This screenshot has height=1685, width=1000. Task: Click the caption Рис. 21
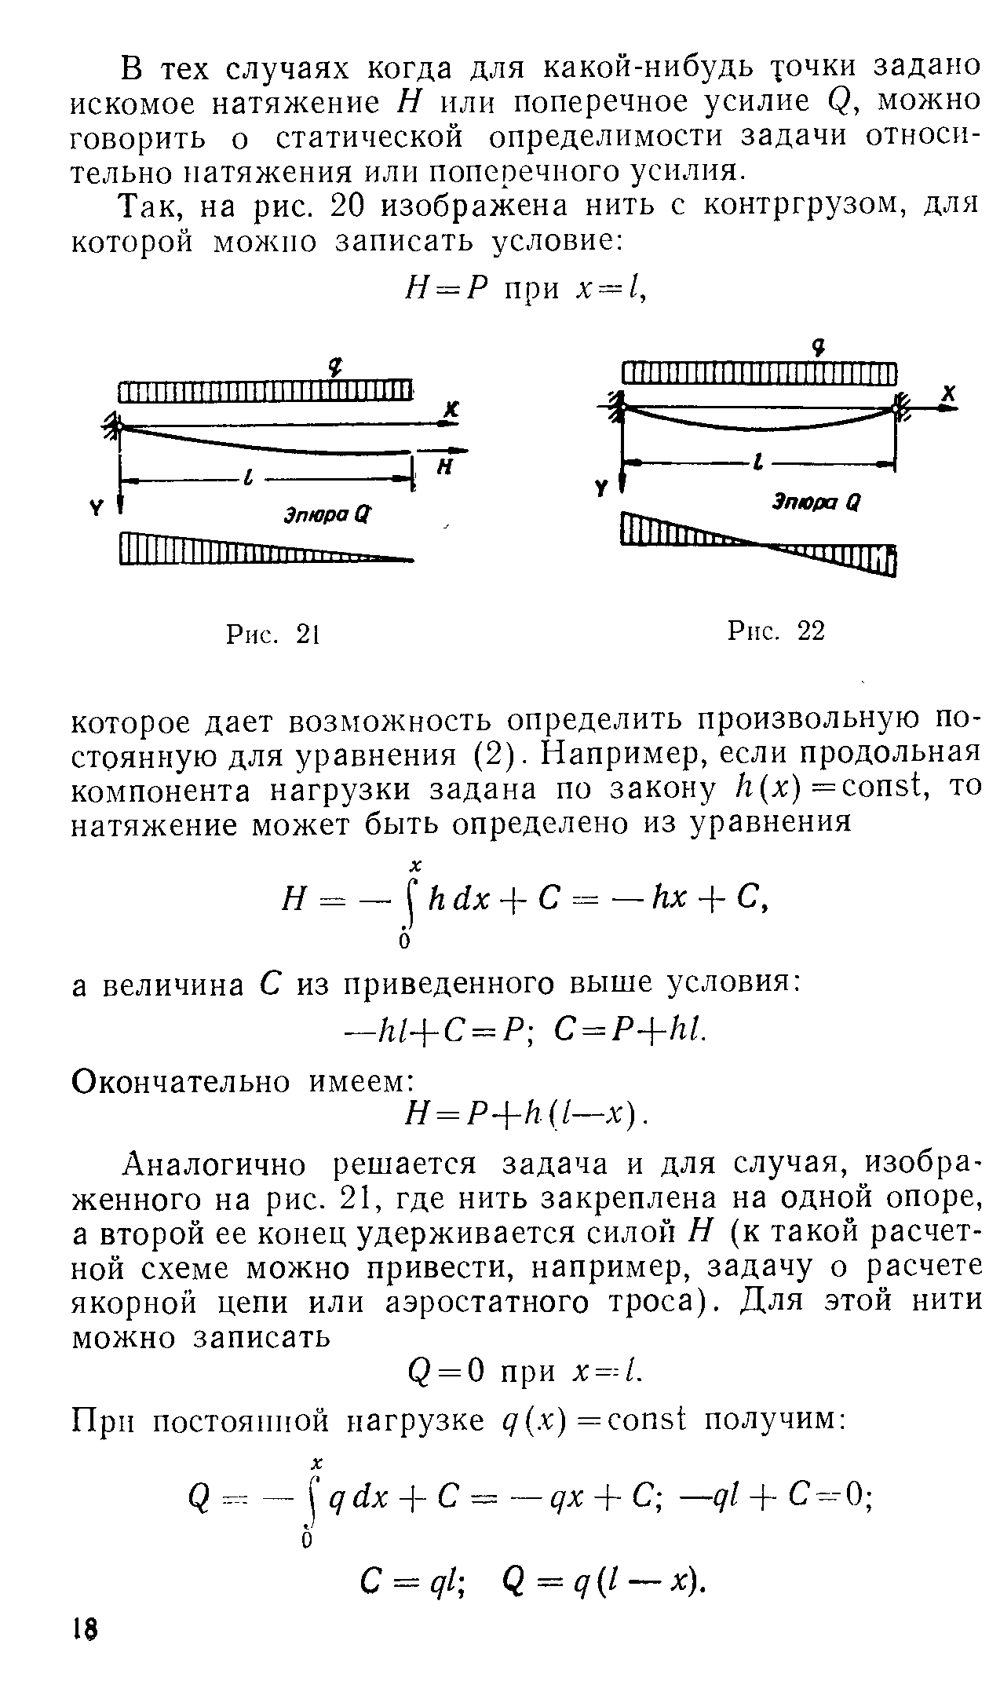pos(270,634)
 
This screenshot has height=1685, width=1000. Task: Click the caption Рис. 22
pos(776,630)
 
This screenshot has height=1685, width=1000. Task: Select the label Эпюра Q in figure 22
pos(816,502)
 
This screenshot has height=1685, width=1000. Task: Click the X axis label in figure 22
pos(948,394)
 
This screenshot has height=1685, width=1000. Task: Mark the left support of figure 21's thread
pos(115,426)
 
